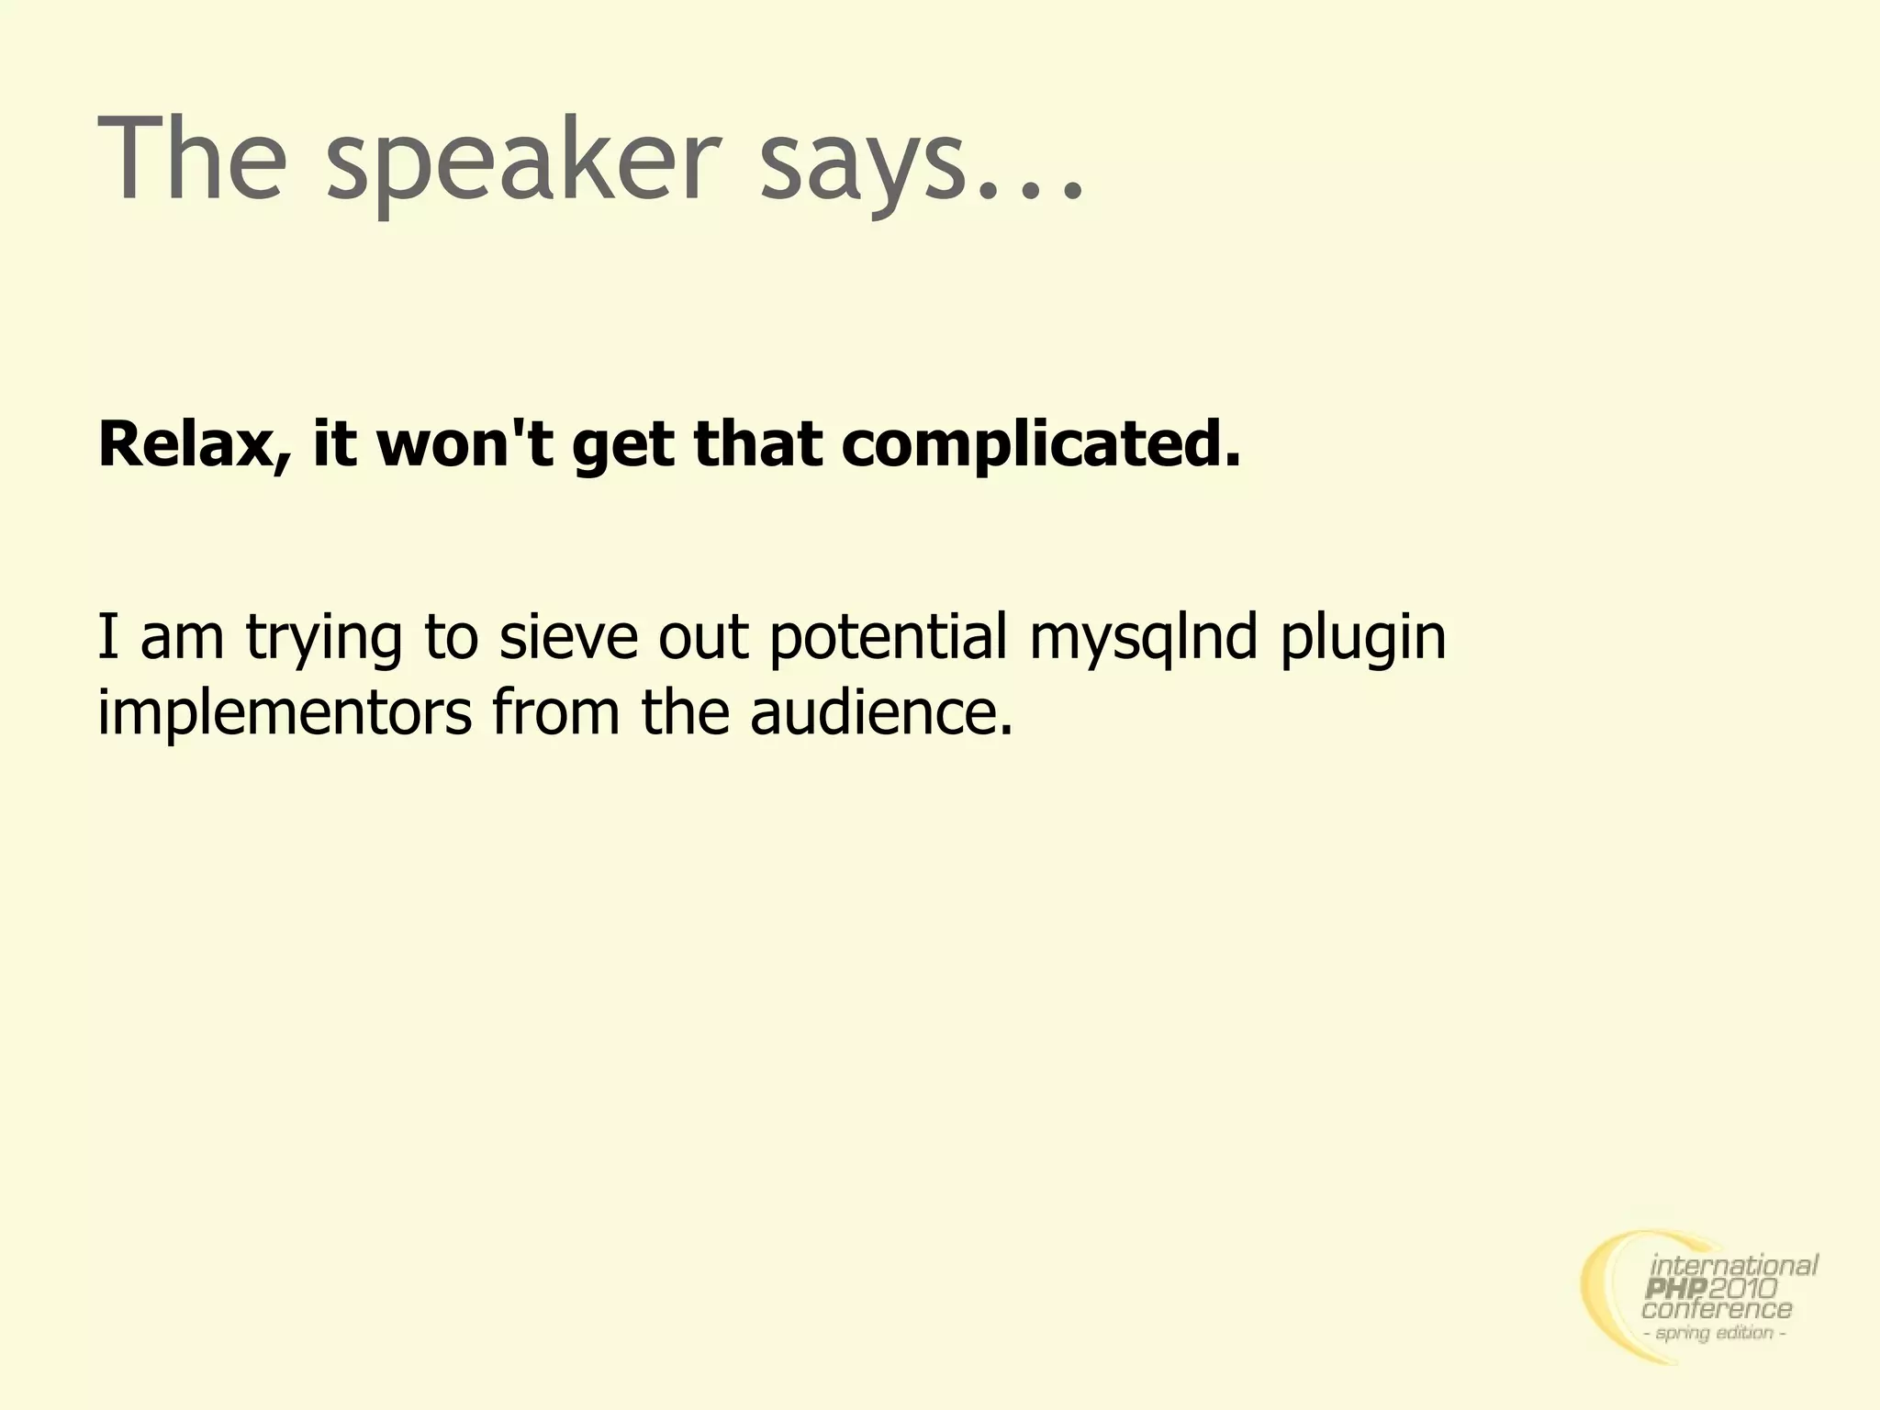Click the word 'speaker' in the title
(518, 162)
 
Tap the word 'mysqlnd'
(1143, 639)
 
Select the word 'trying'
(324, 639)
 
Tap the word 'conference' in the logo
(1717, 1311)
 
